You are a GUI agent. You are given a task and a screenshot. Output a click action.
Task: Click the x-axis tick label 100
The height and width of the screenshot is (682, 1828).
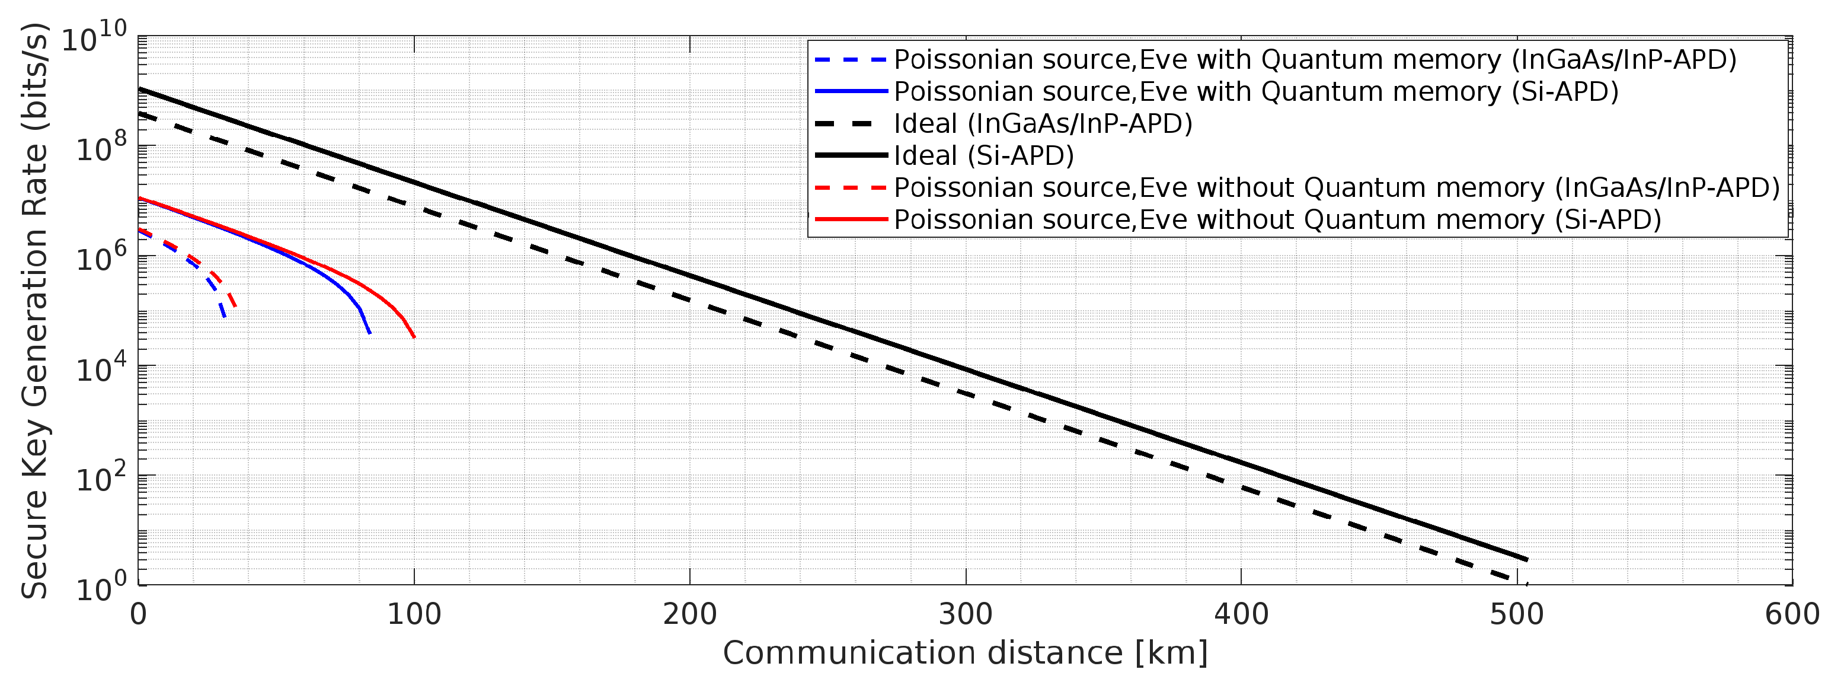[x=414, y=614]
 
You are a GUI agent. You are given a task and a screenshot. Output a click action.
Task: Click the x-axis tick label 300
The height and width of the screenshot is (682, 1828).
[x=965, y=614]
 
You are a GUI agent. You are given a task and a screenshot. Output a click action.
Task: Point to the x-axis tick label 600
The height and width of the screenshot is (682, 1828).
[x=1792, y=614]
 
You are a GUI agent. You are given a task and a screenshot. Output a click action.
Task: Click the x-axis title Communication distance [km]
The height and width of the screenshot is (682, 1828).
[x=965, y=653]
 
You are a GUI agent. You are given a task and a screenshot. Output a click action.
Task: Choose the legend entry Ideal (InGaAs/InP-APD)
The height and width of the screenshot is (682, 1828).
[x=1043, y=123]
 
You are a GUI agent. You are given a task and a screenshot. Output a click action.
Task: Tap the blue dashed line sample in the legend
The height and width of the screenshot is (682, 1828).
[x=850, y=60]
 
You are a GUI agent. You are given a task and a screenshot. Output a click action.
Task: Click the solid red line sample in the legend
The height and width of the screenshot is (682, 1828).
[x=850, y=219]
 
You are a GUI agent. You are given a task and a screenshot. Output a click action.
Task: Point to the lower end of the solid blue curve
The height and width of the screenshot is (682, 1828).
[x=370, y=333]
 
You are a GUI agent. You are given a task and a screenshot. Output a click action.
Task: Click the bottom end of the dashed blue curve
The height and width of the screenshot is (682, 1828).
[x=224, y=316]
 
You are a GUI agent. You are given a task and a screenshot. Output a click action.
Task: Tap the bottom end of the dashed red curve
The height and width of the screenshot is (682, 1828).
[x=235, y=307]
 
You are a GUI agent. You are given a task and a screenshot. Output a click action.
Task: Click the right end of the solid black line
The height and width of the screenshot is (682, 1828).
[x=1526, y=560]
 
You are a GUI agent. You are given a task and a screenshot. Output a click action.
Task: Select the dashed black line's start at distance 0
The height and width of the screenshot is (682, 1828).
[x=140, y=113]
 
